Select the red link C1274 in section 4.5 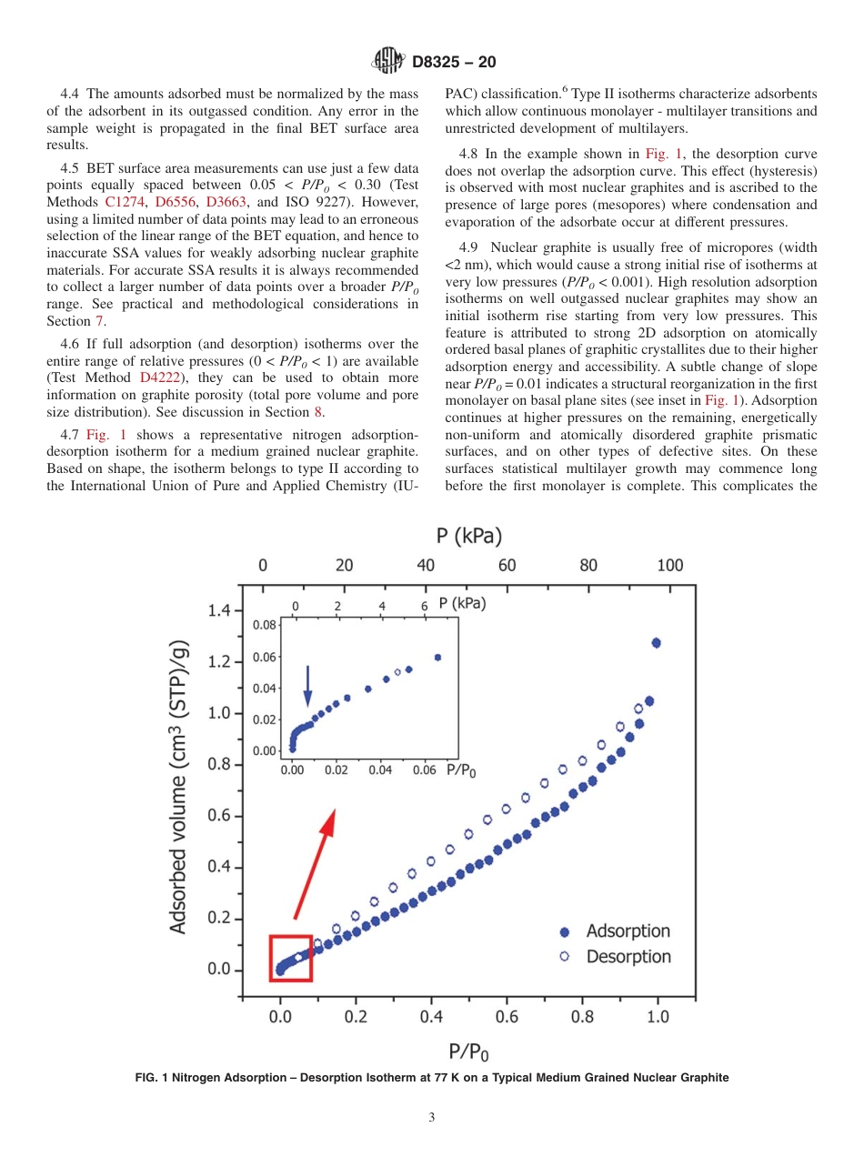118,202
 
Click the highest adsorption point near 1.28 656,643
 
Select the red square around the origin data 291,958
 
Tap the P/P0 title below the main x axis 468,1052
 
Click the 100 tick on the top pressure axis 669,566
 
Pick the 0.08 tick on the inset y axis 264,626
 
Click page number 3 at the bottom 432,1118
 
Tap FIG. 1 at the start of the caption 155,1078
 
